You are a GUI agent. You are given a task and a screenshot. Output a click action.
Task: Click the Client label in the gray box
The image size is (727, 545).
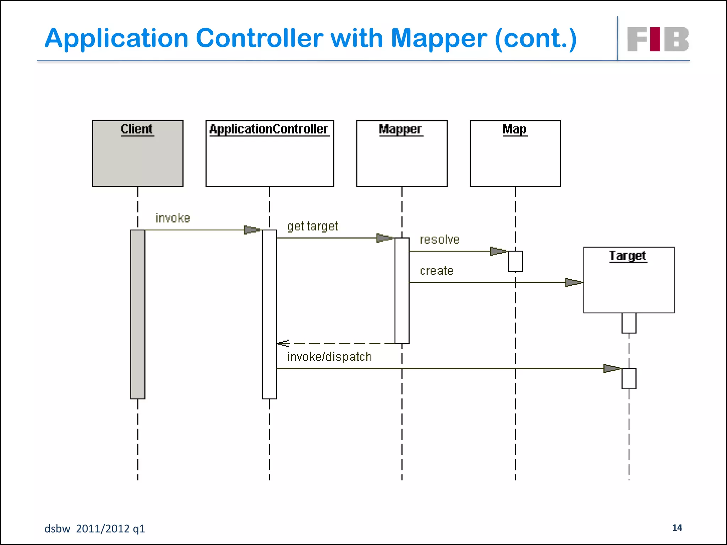pyautogui.click(x=137, y=129)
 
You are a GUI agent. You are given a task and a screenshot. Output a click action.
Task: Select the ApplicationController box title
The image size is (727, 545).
pyautogui.click(x=269, y=129)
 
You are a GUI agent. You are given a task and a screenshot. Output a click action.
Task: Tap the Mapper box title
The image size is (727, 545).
pyautogui.click(x=400, y=129)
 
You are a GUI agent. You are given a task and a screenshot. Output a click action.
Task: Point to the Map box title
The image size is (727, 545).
pyautogui.click(x=514, y=129)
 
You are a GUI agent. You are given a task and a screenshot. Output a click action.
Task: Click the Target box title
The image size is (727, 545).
pyautogui.click(x=628, y=255)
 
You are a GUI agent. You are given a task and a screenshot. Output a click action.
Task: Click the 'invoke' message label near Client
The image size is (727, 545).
pyautogui.click(x=173, y=218)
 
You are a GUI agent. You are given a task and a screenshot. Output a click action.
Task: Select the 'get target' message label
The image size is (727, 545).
pyautogui.click(x=313, y=226)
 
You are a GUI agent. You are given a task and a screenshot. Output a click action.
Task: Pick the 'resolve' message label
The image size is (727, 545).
pyautogui.click(x=439, y=240)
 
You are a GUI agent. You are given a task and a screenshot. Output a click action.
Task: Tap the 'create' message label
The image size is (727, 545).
pyautogui.click(x=436, y=271)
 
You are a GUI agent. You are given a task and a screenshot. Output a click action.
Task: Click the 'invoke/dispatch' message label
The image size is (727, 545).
pyautogui.click(x=329, y=357)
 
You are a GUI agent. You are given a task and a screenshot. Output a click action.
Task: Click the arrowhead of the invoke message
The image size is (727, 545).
pyautogui.click(x=252, y=230)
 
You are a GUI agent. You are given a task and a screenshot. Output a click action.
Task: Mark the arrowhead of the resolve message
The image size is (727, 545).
pyautogui.click(x=498, y=251)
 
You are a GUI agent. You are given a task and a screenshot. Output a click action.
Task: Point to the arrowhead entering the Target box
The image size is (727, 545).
pyautogui.click(x=573, y=282)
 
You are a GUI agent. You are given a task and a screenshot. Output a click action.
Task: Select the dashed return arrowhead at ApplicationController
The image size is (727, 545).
pyautogui.click(x=283, y=343)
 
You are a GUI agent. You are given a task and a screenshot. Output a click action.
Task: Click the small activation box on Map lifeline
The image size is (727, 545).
pyautogui.click(x=515, y=261)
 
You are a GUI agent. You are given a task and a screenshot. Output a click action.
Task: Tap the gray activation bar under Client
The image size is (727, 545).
pyautogui.click(x=138, y=314)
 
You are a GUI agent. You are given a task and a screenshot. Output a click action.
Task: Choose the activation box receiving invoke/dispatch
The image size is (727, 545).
pyautogui.click(x=629, y=378)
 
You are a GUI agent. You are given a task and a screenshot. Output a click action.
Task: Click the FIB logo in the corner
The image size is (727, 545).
pyautogui.click(x=657, y=39)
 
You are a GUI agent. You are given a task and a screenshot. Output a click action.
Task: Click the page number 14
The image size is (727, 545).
pyautogui.click(x=677, y=528)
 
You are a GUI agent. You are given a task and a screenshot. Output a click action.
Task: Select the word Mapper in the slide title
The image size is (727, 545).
pyautogui.click(x=439, y=38)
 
